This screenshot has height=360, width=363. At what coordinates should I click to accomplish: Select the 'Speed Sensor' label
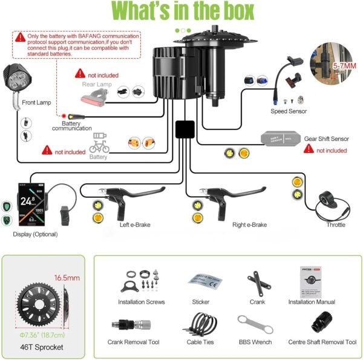[289, 111]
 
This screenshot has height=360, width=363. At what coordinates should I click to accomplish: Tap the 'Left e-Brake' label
[135, 225]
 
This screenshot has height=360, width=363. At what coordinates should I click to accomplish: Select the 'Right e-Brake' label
[249, 225]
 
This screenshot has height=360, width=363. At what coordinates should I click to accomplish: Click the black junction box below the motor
[185, 129]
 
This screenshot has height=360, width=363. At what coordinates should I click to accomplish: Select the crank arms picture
[257, 282]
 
